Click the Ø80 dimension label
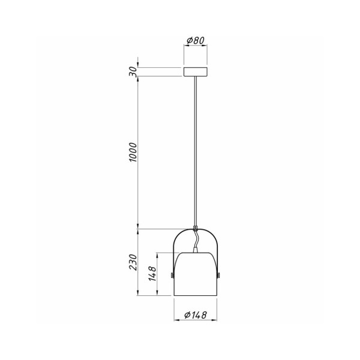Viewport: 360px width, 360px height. tap(196, 41)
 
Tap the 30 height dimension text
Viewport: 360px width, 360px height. tap(133, 71)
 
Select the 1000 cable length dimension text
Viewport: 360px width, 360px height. tap(133, 153)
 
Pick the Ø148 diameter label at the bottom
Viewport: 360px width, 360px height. tap(196, 315)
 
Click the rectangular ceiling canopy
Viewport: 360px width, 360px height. tap(196, 72)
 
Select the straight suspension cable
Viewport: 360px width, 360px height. tap(196, 150)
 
